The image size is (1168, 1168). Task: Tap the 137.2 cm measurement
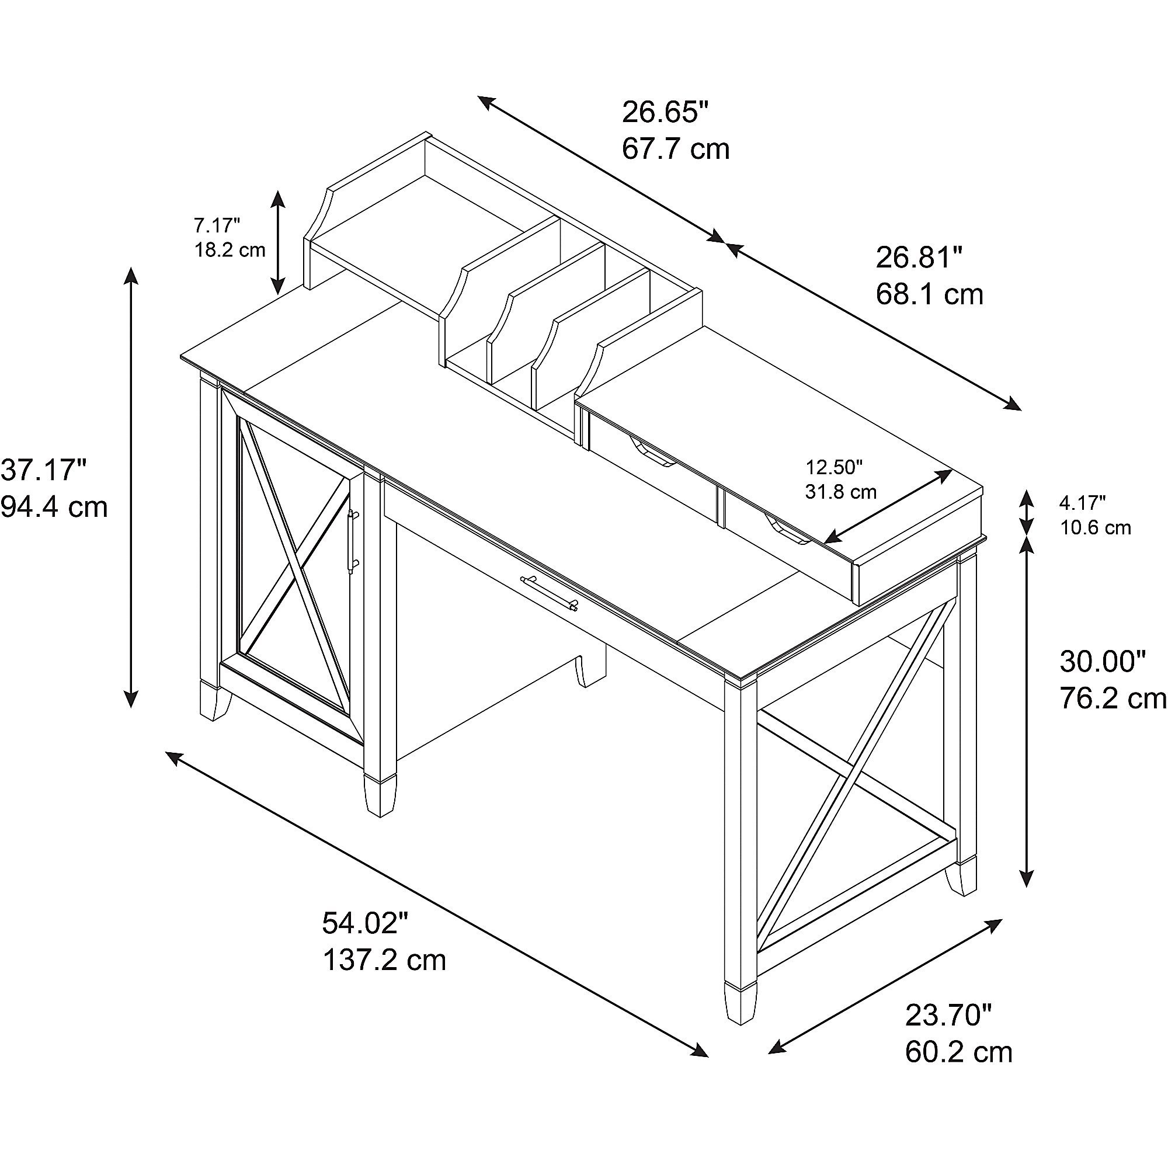(384, 960)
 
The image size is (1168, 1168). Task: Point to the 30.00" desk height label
(1103, 662)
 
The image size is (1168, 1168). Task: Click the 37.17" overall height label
(44, 470)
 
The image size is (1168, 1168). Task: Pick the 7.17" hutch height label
(217, 225)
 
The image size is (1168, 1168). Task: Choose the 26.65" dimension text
(665, 112)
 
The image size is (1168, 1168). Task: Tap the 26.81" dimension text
(919, 258)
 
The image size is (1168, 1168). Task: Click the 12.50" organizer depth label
(835, 467)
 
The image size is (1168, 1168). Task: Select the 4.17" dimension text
(1083, 502)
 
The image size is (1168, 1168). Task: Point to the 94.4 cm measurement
(54, 506)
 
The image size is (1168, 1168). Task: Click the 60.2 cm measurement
(959, 1052)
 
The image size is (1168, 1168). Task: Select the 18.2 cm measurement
(230, 250)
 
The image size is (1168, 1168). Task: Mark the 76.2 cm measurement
(1113, 699)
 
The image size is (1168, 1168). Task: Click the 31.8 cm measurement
(840, 492)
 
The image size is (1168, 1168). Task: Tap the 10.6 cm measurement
(1096, 528)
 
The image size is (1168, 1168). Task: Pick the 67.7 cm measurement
(676, 149)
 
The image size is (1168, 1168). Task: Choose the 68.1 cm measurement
(930, 294)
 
